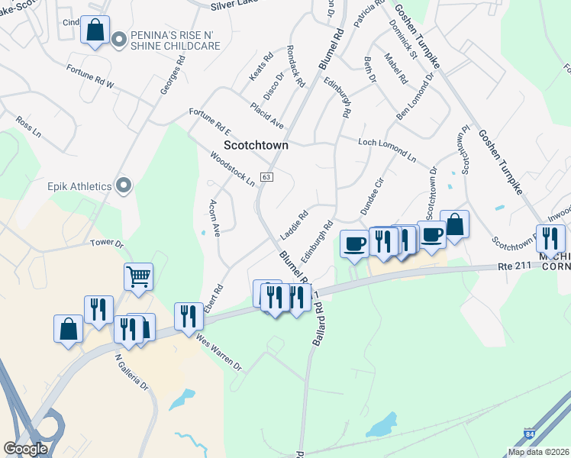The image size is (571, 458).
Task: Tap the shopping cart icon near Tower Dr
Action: tap(138, 277)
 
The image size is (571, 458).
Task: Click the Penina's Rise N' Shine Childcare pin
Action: tap(119, 39)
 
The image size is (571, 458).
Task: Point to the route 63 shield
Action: tap(266, 177)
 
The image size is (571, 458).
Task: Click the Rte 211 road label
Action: tap(513, 266)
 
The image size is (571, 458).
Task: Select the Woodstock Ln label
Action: tap(232, 169)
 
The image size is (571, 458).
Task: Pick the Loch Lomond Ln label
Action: tap(388, 149)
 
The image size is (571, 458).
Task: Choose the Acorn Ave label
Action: tap(215, 218)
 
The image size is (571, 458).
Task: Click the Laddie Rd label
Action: tap(294, 223)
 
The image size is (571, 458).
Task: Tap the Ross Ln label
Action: tap(28, 127)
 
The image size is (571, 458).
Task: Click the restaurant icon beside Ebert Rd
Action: tap(189, 316)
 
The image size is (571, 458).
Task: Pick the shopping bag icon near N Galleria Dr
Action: tap(68, 329)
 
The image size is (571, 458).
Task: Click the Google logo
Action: tap(25, 449)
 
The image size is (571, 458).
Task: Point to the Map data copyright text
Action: tap(539, 452)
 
